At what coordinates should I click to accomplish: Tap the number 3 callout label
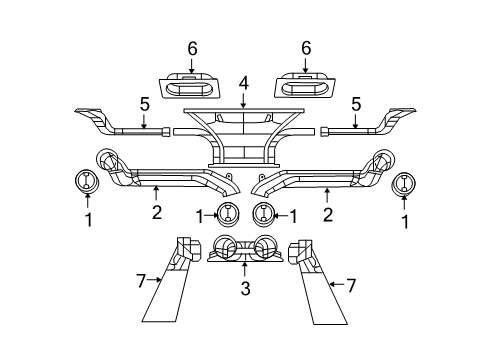[x=244, y=291]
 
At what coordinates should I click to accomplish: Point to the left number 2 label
[x=156, y=211]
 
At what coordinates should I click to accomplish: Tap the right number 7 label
[x=351, y=285]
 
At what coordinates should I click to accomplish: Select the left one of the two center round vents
[x=228, y=213]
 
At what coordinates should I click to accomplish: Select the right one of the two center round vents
[x=264, y=213]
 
